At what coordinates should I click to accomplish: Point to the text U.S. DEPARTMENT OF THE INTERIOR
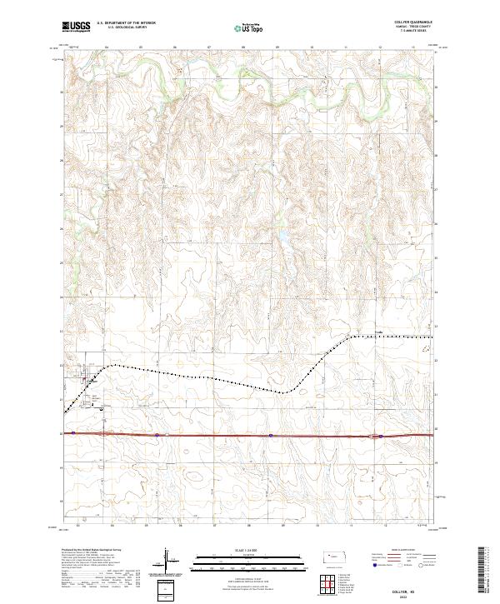[126, 23]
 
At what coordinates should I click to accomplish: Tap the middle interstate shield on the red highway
[271, 435]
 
